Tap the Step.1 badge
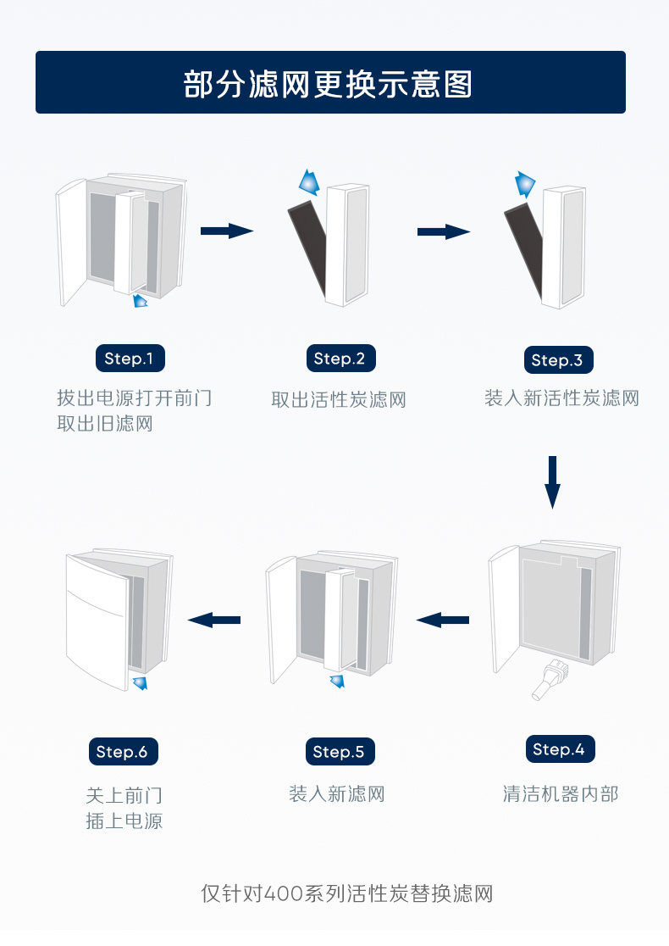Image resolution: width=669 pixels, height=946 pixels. tap(130, 359)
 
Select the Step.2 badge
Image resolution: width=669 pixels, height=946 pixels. tap(339, 359)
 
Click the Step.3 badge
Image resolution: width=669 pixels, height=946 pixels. tap(556, 360)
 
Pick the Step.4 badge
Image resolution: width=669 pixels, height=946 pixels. tap(558, 749)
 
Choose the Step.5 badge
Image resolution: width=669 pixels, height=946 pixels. tap(338, 752)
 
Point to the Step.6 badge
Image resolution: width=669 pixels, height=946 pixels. tap(122, 752)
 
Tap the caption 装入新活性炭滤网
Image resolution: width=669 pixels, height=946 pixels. tap(561, 398)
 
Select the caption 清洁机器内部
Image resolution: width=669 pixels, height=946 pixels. tap(561, 794)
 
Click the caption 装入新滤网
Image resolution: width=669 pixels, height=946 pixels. tap(337, 794)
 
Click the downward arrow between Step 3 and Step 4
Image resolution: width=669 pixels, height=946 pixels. tap(552, 481)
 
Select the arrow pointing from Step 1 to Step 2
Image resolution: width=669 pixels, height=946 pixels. tap(226, 231)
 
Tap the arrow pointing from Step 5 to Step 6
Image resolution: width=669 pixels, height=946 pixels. tap(214, 620)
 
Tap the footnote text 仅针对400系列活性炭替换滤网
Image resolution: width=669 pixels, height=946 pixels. tap(346, 893)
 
